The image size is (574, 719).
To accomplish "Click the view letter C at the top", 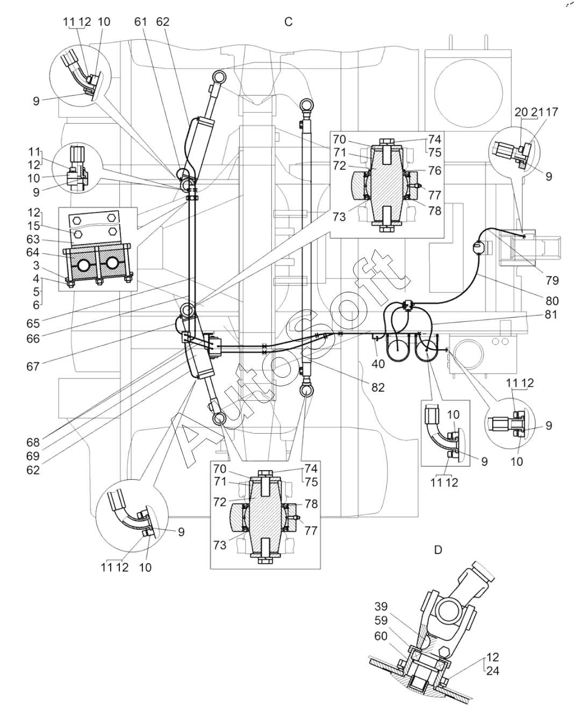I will [289, 22].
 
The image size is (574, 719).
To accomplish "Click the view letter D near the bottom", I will [438, 550].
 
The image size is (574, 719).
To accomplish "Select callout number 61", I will [141, 21].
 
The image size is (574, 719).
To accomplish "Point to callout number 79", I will [552, 281].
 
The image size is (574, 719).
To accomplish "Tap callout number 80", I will [552, 301].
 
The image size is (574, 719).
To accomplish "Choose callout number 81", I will [551, 314].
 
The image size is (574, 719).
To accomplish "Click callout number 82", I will [378, 387].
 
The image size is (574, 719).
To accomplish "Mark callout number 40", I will [378, 364].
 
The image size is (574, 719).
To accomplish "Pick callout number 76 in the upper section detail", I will [435, 170].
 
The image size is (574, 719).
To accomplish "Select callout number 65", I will [33, 324].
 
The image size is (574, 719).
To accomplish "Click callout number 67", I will [33, 366].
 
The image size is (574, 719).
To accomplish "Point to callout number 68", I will [33, 443].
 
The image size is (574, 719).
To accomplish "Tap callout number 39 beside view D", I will [381, 607].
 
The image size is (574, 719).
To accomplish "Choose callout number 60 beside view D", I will [381, 636].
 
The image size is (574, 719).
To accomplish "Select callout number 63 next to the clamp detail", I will [33, 240].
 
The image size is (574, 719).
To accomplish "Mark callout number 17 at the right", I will [552, 112].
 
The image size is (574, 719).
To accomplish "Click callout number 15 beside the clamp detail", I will [33, 226].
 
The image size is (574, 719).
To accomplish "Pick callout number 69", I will [33, 456].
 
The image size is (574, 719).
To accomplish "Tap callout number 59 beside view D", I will [381, 621].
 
